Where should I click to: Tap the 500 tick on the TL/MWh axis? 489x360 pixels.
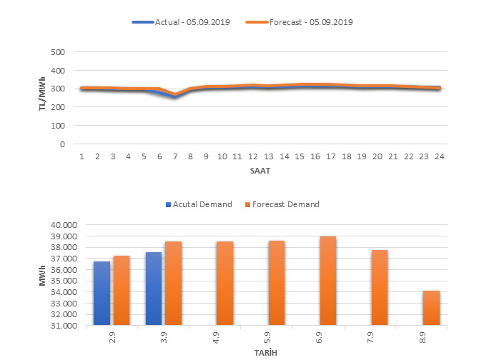[59, 52]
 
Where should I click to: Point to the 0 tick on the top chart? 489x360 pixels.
[63, 144]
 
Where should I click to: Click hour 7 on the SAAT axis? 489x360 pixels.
[175, 156]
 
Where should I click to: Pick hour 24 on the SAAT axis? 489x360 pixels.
[439, 156]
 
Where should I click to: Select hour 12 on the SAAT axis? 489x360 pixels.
[252, 156]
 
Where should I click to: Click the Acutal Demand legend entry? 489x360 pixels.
[203, 204]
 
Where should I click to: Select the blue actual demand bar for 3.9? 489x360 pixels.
[154, 289]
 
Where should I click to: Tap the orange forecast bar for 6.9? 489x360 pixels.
[327, 281]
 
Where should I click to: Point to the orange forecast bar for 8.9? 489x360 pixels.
[431, 308]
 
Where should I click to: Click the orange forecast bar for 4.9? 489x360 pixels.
[224, 284]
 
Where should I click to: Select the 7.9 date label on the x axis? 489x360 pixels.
[370, 335]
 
